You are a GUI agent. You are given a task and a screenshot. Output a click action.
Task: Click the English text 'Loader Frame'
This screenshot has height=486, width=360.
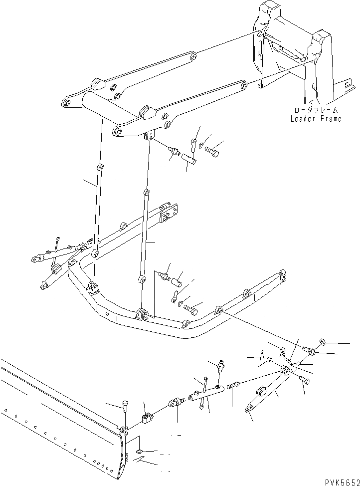click(x=316, y=119)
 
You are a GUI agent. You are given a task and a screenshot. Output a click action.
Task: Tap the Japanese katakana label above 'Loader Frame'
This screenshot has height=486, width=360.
click(x=316, y=110)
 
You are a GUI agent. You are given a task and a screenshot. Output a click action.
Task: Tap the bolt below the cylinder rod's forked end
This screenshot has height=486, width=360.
click(x=305, y=381)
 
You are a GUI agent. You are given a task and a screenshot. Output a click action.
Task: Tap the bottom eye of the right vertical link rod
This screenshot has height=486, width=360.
click(x=142, y=278)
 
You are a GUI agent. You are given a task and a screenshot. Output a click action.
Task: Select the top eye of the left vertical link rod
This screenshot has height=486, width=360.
click(x=100, y=167)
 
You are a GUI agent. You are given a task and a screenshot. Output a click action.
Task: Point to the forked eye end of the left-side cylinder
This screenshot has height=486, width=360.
click(x=36, y=259)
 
